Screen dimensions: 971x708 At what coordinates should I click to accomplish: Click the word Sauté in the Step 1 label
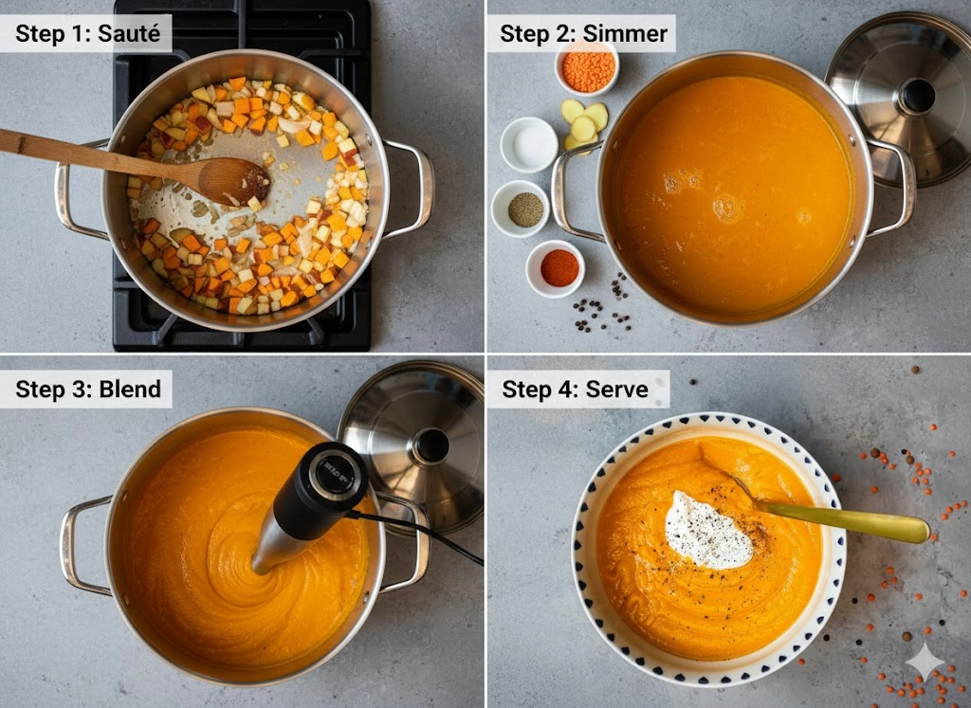click(x=129, y=33)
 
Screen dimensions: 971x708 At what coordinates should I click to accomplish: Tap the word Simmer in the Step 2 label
click(x=625, y=33)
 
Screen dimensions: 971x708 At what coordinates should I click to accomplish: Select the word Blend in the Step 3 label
click(x=130, y=390)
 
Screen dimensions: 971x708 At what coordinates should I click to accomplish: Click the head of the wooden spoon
click(x=233, y=180)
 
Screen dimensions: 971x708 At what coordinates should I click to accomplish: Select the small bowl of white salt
click(x=529, y=145)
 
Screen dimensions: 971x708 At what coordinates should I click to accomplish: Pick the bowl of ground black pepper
click(x=521, y=209)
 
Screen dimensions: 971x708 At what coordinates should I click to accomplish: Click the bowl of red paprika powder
click(x=556, y=268)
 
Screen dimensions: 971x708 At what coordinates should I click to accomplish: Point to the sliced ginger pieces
click(x=583, y=125)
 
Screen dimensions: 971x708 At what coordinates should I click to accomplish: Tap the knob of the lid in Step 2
click(x=917, y=96)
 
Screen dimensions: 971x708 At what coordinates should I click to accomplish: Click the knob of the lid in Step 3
click(x=431, y=445)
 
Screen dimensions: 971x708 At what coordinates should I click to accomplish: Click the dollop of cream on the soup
click(x=707, y=531)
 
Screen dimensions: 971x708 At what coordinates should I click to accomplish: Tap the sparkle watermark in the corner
click(x=925, y=663)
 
